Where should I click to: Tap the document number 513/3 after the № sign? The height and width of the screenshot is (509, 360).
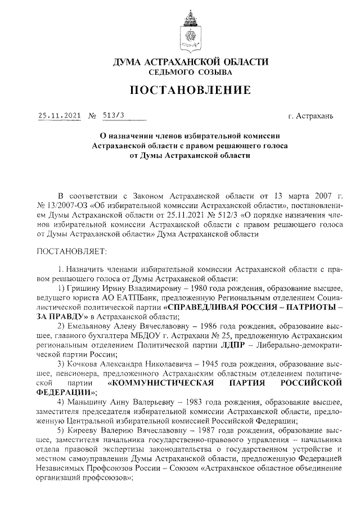113,116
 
